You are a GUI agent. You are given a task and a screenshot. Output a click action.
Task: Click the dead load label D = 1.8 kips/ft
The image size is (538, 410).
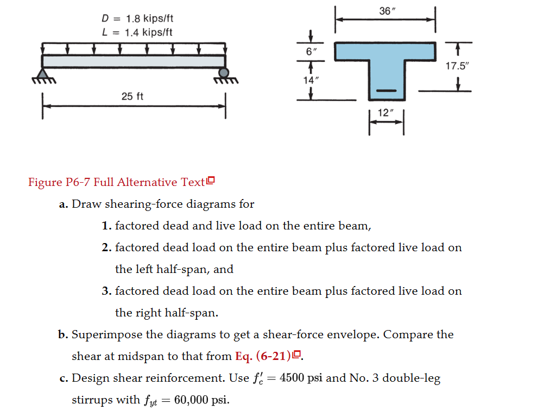pos(137,19)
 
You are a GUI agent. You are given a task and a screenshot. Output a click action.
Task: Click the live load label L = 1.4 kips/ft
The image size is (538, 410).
pos(137,32)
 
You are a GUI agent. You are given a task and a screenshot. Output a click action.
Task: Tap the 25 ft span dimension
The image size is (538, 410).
pos(132,96)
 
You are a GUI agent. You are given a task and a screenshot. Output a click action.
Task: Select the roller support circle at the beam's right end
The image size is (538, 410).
pos(224,73)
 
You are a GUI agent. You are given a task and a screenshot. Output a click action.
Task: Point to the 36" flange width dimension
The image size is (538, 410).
pos(385,10)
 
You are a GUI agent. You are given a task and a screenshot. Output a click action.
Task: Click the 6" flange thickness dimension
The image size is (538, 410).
pos(309,52)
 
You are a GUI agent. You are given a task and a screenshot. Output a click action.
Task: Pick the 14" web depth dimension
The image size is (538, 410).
pos(310,80)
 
